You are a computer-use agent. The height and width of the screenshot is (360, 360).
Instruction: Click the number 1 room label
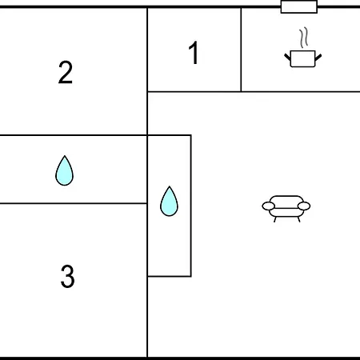point(194,53)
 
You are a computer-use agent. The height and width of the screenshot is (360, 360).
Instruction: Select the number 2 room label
point(66,72)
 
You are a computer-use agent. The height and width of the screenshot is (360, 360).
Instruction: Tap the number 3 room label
point(67,276)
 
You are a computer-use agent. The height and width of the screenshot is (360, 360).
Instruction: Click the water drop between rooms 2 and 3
point(64,170)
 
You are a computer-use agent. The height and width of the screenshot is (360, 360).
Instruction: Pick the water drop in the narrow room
point(169,201)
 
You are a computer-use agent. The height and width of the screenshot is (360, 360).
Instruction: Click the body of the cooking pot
point(302,58)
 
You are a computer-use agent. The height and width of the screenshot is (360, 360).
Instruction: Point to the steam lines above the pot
point(304,38)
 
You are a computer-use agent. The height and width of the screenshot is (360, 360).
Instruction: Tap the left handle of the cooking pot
point(287,58)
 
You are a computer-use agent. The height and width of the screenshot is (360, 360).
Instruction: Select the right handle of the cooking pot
point(318,58)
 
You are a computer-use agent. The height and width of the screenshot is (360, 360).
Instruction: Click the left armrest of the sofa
point(269,206)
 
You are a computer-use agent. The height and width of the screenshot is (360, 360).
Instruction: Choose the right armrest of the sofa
point(304,206)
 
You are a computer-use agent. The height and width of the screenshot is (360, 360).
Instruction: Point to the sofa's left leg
point(275,219)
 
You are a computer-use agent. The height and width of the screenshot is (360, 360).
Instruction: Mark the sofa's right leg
point(298,219)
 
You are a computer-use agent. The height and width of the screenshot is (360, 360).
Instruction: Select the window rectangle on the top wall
point(299,6)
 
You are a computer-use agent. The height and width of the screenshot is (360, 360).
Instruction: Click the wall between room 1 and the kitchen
point(241,50)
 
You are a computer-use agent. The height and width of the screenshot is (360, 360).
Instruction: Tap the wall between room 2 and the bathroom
point(74,135)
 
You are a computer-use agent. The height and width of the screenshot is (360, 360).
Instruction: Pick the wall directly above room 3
point(74,203)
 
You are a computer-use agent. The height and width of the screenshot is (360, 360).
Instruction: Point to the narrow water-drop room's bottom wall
point(170,276)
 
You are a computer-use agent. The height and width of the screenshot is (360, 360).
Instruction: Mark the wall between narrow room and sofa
point(191,206)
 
